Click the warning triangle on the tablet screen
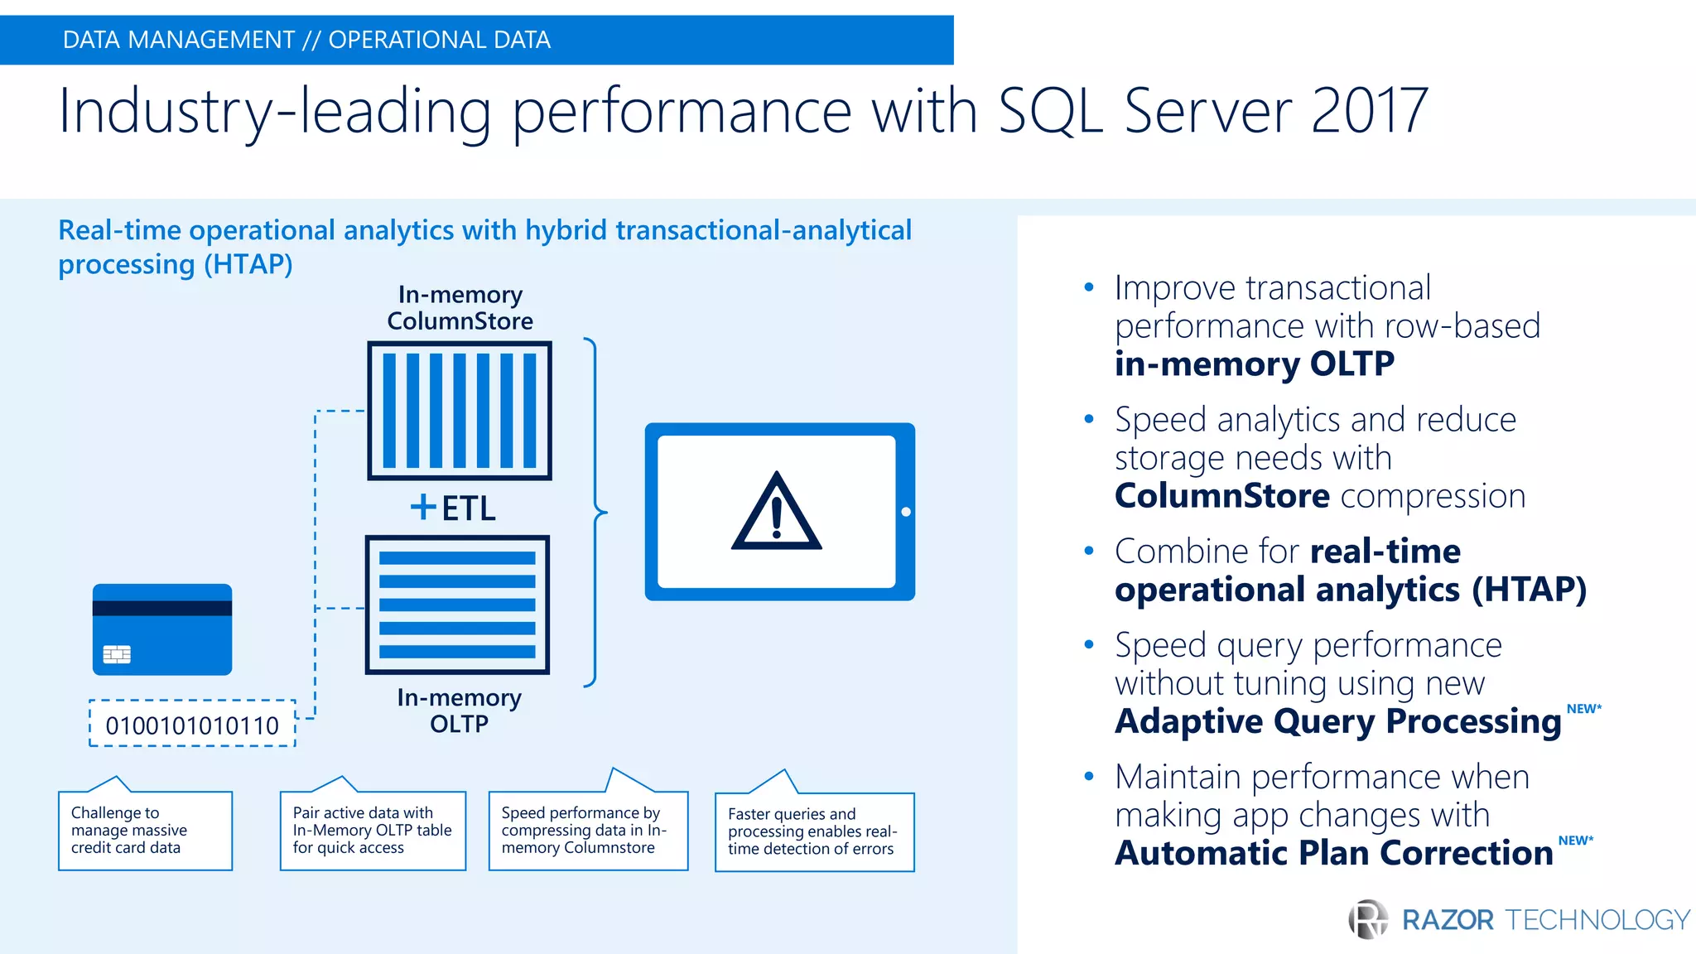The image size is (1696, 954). coord(776,513)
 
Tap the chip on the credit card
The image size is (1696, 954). coord(117,655)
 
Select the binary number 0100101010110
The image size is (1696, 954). coord(192,725)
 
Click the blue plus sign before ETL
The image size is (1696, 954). coord(423,507)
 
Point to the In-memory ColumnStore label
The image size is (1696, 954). coord(460,308)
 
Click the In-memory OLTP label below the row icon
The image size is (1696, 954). coord(460,711)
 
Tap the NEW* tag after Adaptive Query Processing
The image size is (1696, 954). coord(1583,709)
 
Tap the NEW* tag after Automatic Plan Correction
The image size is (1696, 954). coord(1575,841)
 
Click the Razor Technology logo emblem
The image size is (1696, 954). coord(1368,919)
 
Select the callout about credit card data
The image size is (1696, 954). coord(145,831)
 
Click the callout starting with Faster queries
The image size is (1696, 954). coord(814,831)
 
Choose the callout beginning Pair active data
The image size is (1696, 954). coord(373,831)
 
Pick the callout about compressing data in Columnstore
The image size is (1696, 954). coord(588,831)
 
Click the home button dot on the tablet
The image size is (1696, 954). coord(906,512)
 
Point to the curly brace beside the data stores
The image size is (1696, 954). coord(595,513)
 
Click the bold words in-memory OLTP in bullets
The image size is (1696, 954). coord(1254,364)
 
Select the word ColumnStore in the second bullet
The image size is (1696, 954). coord(1221,496)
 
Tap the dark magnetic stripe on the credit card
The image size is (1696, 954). coord(162,608)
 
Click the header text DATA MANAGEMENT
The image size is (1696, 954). coord(178,40)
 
